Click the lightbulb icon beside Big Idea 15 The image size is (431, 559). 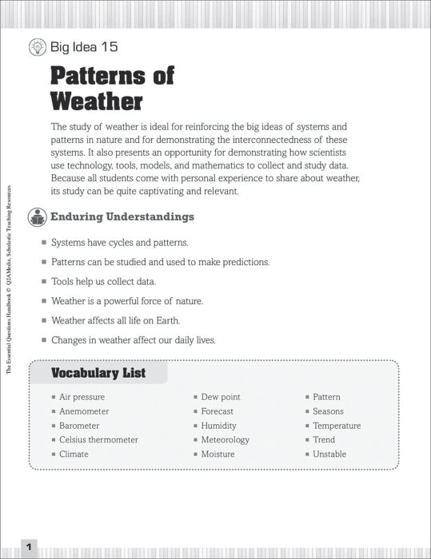click(37, 47)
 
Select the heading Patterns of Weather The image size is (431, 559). click(112, 89)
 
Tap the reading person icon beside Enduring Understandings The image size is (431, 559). click(37, 217)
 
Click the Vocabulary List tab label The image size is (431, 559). click(98, 373)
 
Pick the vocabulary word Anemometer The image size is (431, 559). click(84, 411)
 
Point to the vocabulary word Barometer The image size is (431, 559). click(80, 426)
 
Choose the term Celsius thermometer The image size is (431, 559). click(98, 440)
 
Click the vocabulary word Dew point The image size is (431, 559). click(221, 397)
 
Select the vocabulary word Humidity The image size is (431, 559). click(218, 426)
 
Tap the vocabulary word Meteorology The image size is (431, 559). click(225, 440)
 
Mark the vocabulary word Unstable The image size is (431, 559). click(329, 454)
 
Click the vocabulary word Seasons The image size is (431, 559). click(328, 411)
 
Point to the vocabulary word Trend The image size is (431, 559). click(324, 440)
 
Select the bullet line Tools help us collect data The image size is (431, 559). click(103, 282)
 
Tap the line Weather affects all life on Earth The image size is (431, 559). click(115, 320)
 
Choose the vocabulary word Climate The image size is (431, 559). click(74, 454)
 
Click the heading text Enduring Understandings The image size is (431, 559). click(122, 217)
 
